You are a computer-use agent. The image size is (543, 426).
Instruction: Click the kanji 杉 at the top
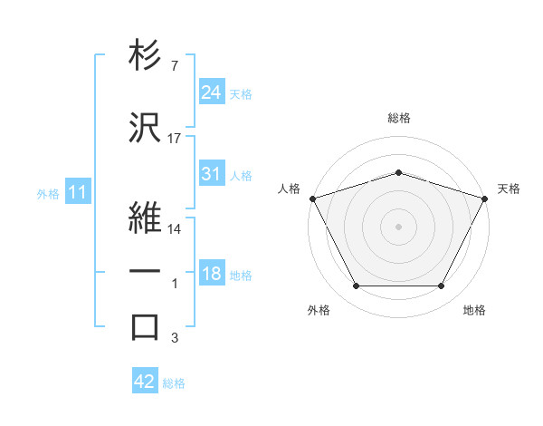pyautogui.click(x=145, y=56)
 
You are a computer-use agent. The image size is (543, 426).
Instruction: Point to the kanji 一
pyautogui.click(x=145, y=271)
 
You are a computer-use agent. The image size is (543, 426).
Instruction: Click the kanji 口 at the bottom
pyautogui.click(x=145, y=327)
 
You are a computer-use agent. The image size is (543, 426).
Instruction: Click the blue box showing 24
pyautogui.click(x=211, y=92)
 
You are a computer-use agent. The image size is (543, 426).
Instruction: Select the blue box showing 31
pyautogui.click(x=211, y=174)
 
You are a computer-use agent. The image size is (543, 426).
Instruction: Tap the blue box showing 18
pyautogui.click(x=211, y=275)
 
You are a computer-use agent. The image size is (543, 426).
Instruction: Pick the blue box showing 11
pyautogui.click(x=78, y=193)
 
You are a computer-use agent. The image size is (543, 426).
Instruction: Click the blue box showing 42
pyautogui.click(x=144, y=382)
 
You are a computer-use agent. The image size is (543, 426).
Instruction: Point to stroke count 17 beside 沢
pyautogui.click(x=175, y=139)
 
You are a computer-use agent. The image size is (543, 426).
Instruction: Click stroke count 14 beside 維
pyautogui.click(x=175, y=229)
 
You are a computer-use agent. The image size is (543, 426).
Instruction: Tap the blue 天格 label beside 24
pyautogui.click(x=241, y=93)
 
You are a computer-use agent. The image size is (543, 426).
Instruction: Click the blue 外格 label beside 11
pyautogui.click(x=48, y=194)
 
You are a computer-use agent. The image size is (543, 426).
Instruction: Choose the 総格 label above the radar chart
pyautogui.click(x=398, y=118)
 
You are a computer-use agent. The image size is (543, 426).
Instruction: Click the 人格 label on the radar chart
pyautogui.click(x=290, y=189)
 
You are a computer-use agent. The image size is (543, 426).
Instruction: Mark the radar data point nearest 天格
pyautogui.click(x=485, y=198)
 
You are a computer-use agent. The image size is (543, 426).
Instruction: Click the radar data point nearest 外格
pyautogui.click(x=356, y=286)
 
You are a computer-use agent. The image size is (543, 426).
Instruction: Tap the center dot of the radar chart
pyautogui.click(x=398, y=226)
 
